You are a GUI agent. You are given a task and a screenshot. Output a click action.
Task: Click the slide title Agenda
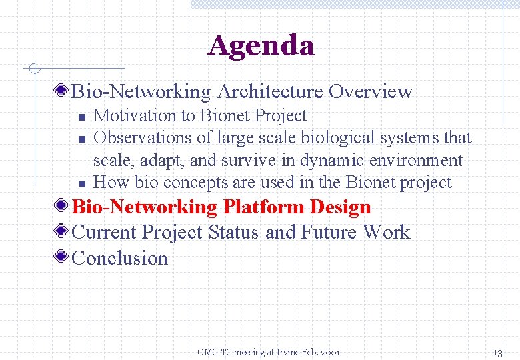point(261,46)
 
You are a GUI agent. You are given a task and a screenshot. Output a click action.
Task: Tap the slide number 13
point(497,352)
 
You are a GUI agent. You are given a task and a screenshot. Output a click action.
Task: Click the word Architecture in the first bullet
point(270,91)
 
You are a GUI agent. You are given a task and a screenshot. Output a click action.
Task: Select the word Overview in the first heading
point(371,91)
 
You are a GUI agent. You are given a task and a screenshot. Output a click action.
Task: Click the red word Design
point(340,207)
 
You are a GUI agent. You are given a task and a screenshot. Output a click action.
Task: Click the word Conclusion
point(120,258)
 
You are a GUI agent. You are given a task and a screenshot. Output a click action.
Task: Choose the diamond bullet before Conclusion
point(62,258)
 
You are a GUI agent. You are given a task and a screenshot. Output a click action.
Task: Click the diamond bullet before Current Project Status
point(62,233)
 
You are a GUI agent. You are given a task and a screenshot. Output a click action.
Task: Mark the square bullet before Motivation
point(81,117)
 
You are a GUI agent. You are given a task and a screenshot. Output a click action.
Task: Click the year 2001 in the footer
point(329,352)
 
